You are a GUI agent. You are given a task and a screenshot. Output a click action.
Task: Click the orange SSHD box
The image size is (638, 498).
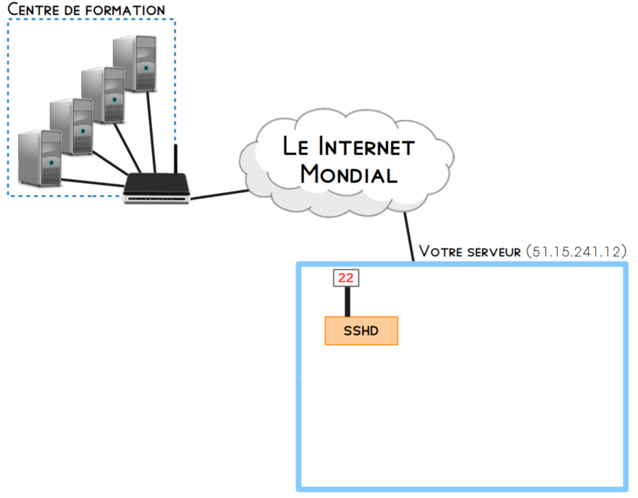361,331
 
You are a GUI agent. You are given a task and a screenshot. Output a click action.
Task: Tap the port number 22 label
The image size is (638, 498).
346,278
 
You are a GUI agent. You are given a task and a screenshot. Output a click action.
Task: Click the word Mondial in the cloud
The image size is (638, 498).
348,173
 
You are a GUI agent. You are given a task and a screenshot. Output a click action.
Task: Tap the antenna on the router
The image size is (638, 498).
176,159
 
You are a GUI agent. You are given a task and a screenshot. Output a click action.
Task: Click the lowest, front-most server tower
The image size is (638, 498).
40,157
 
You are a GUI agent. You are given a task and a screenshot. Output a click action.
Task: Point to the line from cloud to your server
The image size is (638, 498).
408,236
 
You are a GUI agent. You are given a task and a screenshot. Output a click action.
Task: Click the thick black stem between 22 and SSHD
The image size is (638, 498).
348,301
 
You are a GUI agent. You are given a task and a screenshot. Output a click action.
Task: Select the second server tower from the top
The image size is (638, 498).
103,95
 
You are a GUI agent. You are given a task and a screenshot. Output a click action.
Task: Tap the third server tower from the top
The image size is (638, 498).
71,126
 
